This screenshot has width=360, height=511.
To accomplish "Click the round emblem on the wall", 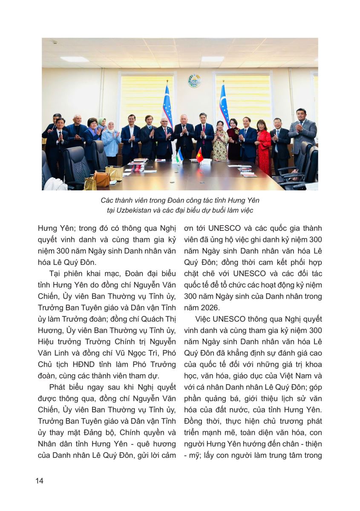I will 194,80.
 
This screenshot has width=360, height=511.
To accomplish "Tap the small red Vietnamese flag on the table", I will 199,155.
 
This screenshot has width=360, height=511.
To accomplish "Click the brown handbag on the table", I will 102,179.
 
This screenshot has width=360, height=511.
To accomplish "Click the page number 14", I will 40,481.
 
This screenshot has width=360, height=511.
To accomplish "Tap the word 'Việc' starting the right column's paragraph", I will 204,319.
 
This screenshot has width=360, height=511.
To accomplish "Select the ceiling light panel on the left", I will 74,59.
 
